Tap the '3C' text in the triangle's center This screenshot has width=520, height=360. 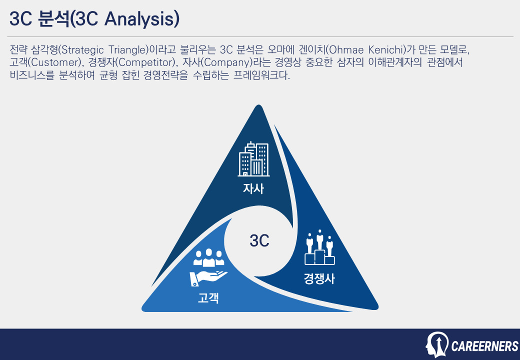point(259,241)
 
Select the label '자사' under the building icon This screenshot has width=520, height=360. point(253,189)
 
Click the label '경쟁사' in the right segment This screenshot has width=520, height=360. point(319,279)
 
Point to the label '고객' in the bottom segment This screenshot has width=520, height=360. point(208,299)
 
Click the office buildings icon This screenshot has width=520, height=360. point(253,159)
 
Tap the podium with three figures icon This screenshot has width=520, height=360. point(319,248)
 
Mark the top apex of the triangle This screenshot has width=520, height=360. point(258,106)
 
